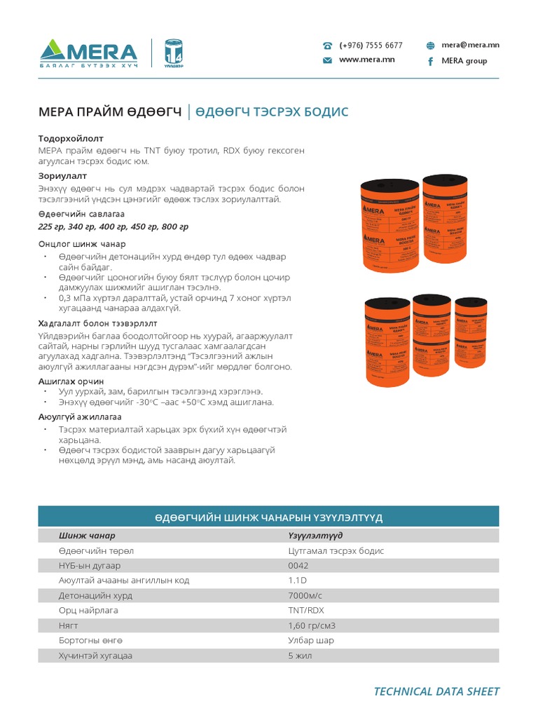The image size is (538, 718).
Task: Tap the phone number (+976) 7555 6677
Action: [x=371, y=45]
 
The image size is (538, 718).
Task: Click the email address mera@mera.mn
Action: [x=470, y=45]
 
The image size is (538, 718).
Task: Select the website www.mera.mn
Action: [x=366, y=60]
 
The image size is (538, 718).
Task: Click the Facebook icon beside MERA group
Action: [x=430, y=61]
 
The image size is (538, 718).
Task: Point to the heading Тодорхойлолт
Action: [x=70, y=139]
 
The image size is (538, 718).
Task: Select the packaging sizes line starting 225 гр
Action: [x=113, y=226]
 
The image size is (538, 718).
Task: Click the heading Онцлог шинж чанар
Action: [x=82, y=244]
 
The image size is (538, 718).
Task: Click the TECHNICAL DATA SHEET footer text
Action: [x=436, y=691]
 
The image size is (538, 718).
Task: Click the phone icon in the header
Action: [x=327, y=46]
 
